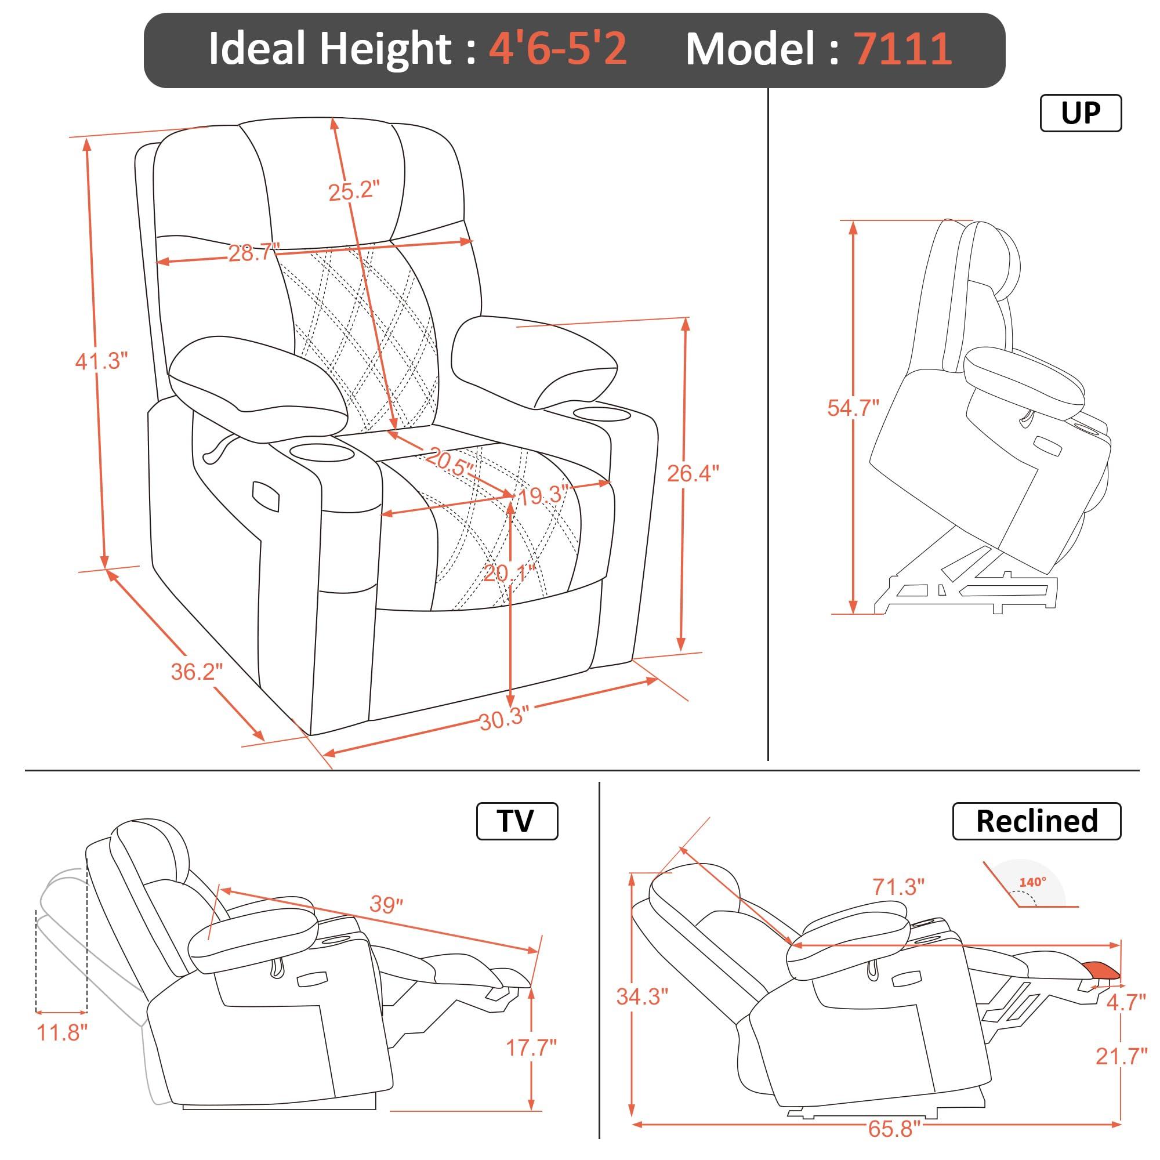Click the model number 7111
(x=903, y=49)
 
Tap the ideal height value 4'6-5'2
(x=558, y=49)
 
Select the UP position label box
(x=1080, y=113)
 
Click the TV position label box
(x=516, y=821)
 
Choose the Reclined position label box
(x=1036, y=821)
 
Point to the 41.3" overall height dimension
(x=101, y=361)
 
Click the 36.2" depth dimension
(x=197, y=671)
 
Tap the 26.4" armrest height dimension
(x=693, y=474)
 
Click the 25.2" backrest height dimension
(x=354, y=191)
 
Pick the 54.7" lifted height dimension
(x=853, y=408)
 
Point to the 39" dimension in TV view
(x=386, y=904)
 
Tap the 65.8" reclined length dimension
(x=894, y=1128)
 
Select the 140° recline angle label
(x=1032, y=882)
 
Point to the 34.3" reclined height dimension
(x=642, y=996)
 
